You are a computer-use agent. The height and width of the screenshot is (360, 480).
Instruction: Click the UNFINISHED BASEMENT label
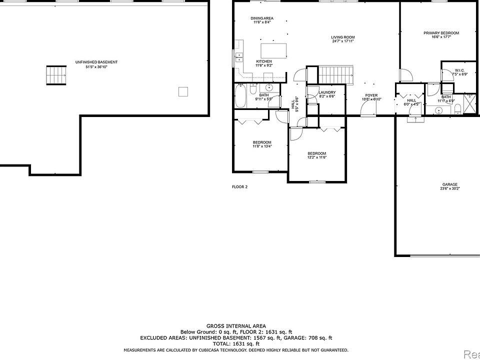(96, 62)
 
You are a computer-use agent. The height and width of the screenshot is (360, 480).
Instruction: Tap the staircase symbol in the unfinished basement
(56, 75)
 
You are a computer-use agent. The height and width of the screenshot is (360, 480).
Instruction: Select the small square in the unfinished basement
(183, 91)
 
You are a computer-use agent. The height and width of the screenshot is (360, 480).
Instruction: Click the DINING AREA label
(262, 18)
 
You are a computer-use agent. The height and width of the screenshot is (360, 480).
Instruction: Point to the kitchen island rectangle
(273, 50)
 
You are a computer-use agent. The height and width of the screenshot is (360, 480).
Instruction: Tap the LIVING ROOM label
(342, 37)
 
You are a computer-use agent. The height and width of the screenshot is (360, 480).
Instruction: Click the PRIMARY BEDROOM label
(441, 33)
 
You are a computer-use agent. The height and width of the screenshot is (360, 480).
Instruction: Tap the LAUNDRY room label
(327, 92)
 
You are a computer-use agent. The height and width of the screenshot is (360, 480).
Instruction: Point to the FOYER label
(371, 95)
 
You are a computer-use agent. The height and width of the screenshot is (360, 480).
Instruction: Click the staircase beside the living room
(335, 75)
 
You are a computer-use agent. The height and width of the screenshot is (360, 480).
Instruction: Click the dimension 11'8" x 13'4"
(262, 146)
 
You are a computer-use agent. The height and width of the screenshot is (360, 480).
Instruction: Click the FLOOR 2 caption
(239, 187)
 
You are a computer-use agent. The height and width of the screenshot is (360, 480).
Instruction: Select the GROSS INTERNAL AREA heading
(236, 325)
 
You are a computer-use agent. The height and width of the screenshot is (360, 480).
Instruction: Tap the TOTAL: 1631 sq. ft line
(236, 343)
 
